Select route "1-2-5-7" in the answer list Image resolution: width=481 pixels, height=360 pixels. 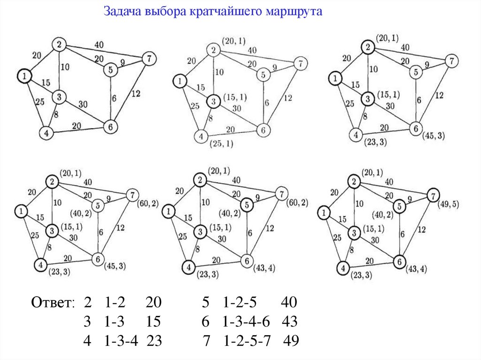coord(247,340)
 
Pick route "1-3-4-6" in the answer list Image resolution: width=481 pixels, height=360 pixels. coord(246,322)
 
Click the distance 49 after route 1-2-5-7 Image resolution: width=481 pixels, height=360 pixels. coord(291,340)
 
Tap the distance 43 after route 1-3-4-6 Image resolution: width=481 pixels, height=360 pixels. coord(290,322)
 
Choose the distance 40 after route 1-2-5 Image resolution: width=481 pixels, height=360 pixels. coord(289,302)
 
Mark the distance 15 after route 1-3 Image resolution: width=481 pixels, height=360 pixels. coord(153,322)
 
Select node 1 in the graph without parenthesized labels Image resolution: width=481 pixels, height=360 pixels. coord(24,75)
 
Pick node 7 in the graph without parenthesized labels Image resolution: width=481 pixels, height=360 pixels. coord(148,59)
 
